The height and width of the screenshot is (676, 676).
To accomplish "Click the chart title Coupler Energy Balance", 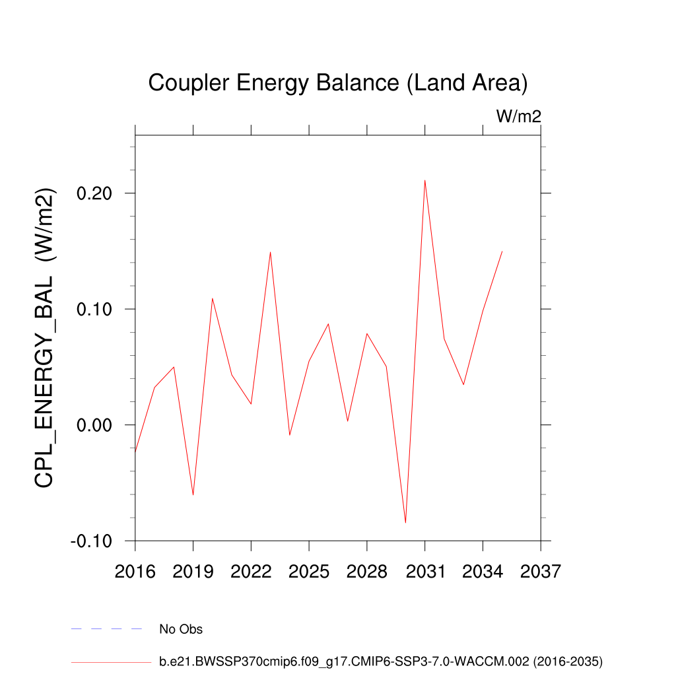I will click(337, 83).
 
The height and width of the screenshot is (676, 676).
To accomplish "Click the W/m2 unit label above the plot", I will click(519, 117).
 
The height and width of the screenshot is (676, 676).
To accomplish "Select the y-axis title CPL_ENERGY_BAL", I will click(45, 338).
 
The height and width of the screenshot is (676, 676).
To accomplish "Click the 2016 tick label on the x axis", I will click(135, 571).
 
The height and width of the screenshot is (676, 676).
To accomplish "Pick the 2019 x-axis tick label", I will click(193, 571).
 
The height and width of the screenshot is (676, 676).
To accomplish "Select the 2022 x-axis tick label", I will click(251, 571).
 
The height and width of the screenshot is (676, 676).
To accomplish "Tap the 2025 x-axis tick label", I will click(309, 571).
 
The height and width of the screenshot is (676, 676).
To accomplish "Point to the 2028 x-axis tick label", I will click(367, 571).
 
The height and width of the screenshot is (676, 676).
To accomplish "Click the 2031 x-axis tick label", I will click(424, 571).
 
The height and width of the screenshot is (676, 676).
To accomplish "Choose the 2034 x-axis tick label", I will click(483, 571).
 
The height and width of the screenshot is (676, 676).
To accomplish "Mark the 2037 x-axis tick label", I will click(541, 571).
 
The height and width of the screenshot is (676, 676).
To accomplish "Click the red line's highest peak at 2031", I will click(424, 180).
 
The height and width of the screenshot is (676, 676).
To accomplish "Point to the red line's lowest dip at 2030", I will click(405, 522).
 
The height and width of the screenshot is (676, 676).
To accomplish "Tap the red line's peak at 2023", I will click(270, 252).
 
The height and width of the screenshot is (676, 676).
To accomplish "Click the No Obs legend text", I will click(181, 629).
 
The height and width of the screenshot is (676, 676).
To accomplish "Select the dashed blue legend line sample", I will click(106, 629).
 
